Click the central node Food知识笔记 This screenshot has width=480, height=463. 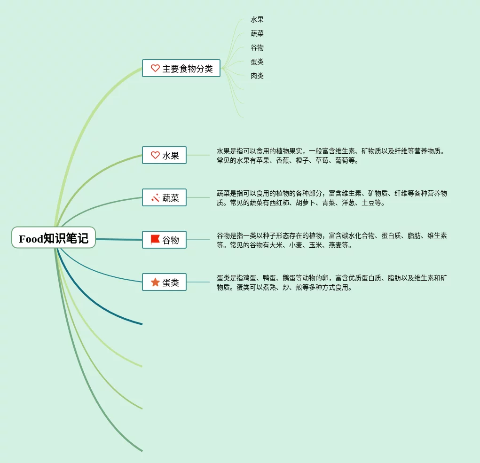pos(54,238)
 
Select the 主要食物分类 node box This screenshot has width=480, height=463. pos(181,68)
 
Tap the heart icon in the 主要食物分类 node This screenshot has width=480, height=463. pos(155,68)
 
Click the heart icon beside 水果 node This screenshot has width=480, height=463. pos(155,155)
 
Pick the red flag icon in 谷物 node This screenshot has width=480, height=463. pos(155,240)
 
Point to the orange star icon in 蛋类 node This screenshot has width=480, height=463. pos(155,282)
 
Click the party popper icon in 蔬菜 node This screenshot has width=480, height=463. pos(155,197)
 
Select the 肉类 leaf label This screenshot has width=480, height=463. pos(257,76)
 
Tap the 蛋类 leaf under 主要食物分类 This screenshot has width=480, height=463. pos(257,62)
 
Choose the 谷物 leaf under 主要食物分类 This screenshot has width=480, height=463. pos(257,47)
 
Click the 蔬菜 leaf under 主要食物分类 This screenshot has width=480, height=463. pos(257,33)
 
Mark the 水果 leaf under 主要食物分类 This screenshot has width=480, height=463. pos(257,20)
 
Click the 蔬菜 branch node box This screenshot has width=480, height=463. pos(164,197)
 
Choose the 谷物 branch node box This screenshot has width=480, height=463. pos(164,240)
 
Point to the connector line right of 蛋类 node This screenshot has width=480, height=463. pos(198,282)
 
